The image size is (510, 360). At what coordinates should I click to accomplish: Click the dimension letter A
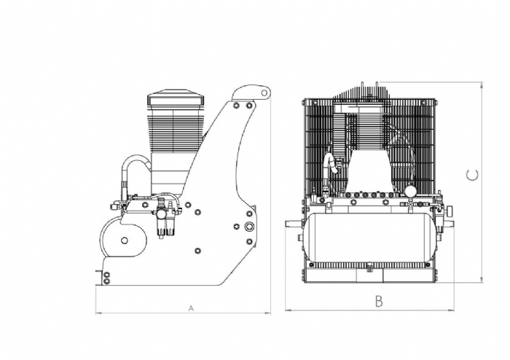191,308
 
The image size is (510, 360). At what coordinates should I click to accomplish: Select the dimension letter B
379,302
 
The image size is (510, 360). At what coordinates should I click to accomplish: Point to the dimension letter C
472,175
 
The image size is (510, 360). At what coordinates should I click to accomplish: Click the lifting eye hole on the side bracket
264,93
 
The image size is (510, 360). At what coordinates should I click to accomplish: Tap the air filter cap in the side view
176,97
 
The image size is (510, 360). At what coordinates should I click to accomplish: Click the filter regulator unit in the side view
165,216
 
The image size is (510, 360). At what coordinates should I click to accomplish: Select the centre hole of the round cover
124,240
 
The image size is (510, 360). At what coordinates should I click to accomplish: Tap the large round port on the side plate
249,226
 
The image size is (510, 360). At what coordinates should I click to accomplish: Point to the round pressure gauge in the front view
411,190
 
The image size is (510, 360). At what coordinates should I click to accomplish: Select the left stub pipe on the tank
294,224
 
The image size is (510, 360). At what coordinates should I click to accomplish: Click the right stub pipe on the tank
448,224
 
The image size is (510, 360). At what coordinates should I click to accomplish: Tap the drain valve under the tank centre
369,267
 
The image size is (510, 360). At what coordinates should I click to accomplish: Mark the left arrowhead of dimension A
98,313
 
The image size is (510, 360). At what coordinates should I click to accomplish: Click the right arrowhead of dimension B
452,310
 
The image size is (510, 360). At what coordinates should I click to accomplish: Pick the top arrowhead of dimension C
482,85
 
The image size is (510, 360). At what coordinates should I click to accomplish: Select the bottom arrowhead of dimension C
482,279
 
